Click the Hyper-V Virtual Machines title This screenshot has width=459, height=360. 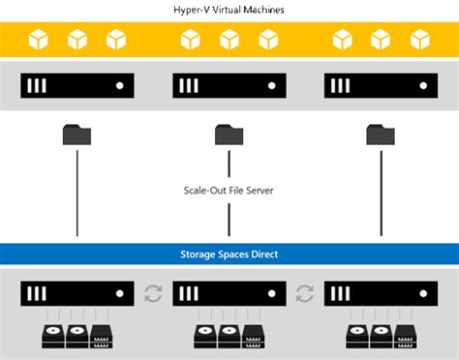tap(229, 9)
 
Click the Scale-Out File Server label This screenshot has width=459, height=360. tap(229, 191)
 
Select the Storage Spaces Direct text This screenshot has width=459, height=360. tap(229, 254)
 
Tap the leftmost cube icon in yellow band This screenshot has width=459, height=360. tap(39, 40)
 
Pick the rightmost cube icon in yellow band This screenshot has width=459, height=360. tap(420, 40)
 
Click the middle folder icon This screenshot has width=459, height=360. tap(229, 134)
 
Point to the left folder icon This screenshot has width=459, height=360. tap(77, 134)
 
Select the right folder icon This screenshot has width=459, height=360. tap(382, 134)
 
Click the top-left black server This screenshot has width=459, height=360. tap(77, 85)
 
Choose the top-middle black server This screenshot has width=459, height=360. tap(229, 85)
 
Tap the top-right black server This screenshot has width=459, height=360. tap(382, 85)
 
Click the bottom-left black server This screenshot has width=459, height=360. tap(77, 293)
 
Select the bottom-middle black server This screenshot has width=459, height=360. tap(229, 293)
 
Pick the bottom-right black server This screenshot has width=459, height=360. tap(382, 293)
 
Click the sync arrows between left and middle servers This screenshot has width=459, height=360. tap(153, 293)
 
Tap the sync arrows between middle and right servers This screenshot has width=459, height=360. tap(305, 293)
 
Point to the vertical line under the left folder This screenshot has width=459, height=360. tap(77, 194)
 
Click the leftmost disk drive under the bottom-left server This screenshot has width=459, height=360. tap(50, 337)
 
